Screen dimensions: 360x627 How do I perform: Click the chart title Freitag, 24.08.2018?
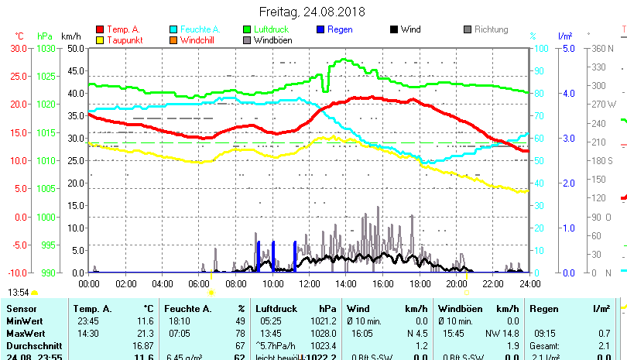pos(313,12)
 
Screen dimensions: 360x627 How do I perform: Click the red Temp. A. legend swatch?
pos(98,29)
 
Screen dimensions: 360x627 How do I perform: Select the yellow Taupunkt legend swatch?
pos(98,39)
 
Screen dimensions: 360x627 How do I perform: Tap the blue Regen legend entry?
pos(334,29)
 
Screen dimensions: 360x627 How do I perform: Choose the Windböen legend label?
pos(273,39)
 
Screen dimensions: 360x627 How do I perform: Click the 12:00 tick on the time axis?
pos(309,283)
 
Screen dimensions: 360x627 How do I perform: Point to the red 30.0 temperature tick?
pos(15,47)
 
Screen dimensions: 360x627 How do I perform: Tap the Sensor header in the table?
pos(21,309)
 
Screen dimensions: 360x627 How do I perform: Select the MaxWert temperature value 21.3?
pos(144,332)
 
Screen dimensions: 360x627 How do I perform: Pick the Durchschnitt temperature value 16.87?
pos(142,345)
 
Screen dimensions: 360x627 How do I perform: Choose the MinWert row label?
pos(25,321)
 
